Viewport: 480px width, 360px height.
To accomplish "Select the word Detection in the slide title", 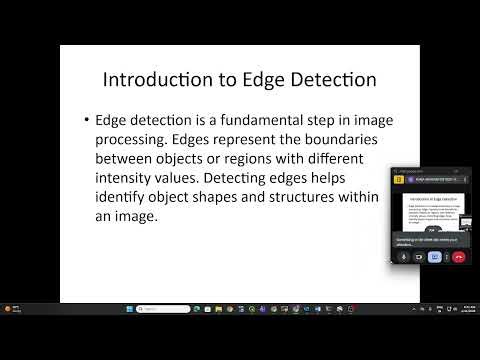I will pos(330,79).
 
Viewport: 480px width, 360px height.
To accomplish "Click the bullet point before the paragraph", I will pos(88,120).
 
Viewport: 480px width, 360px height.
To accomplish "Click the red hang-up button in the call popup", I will pos(459,257).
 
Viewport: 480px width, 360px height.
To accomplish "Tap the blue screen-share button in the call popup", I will pos(434,257).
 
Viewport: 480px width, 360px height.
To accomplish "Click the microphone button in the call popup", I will pos(403,257).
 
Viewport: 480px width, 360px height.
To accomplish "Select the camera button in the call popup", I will pos(418,257).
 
